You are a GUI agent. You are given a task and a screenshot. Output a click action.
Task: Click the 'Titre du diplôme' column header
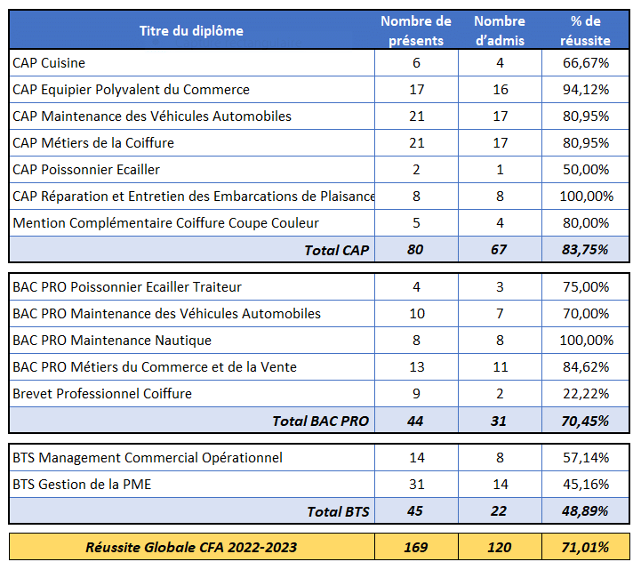click(191, 31)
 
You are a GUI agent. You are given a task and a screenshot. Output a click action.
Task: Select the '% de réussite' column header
click(585, 30)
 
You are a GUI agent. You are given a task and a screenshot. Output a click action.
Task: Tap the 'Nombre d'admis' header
click(500, 30)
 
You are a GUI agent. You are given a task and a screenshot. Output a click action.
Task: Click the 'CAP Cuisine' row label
click(49, 63)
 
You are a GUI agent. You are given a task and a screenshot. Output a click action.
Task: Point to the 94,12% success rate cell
click(586, 90)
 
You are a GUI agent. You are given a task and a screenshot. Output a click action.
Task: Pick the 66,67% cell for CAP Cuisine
click(586, 63)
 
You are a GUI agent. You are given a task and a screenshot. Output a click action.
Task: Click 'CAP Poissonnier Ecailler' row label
click(86, 170)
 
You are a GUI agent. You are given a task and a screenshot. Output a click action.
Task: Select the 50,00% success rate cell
click(586, 170)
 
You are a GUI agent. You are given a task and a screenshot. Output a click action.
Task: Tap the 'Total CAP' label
click(337, 250)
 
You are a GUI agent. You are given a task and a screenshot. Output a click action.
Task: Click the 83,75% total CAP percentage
click(585, 250)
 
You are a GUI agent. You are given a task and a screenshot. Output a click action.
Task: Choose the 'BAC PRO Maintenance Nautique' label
click(112, 341)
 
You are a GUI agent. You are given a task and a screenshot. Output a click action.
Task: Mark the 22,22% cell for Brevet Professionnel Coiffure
click(586, 394)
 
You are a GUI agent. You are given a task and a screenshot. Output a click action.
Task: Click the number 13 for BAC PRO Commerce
click(417, 367)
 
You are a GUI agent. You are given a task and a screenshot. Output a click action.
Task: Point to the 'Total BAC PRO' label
click(321, 421)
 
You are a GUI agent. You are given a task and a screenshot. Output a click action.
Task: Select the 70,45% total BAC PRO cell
click(585, 421)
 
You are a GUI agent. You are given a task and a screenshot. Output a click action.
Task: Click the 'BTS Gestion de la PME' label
click(82, 485)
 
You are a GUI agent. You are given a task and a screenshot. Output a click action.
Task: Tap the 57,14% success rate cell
click(586, 458)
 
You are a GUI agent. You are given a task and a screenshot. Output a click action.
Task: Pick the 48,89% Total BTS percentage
click(585, 511)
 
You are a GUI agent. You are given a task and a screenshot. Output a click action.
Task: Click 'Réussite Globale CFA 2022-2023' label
click(191, 547)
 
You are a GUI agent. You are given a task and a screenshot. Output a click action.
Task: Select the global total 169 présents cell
click(416, 547)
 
